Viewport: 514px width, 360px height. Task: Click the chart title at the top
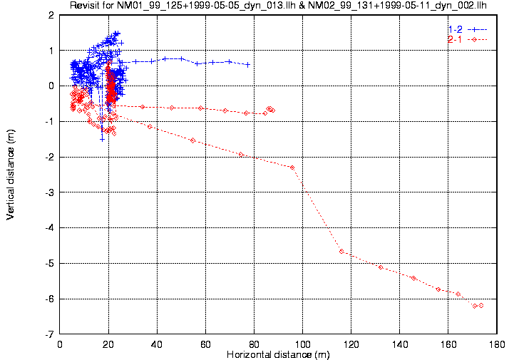[285, 6]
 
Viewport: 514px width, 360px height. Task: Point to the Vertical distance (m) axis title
[11, 174]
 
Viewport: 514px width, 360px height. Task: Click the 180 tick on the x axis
[498, 344]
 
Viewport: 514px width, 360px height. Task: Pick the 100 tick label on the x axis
[303, 344]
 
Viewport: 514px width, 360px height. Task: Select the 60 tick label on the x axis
[206, 344]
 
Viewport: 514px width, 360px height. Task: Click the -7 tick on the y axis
[50, 334]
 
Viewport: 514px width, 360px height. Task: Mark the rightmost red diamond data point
[481, 305]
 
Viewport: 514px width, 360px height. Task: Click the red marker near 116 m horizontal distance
[341, 251]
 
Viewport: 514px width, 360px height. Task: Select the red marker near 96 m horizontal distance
[292, 168]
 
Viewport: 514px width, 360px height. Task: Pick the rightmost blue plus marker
[247, 64]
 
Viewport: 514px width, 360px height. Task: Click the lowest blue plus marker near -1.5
[102, 138]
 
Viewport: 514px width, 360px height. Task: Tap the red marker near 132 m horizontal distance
[381, 267]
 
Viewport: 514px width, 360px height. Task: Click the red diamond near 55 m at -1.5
[193, 140]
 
